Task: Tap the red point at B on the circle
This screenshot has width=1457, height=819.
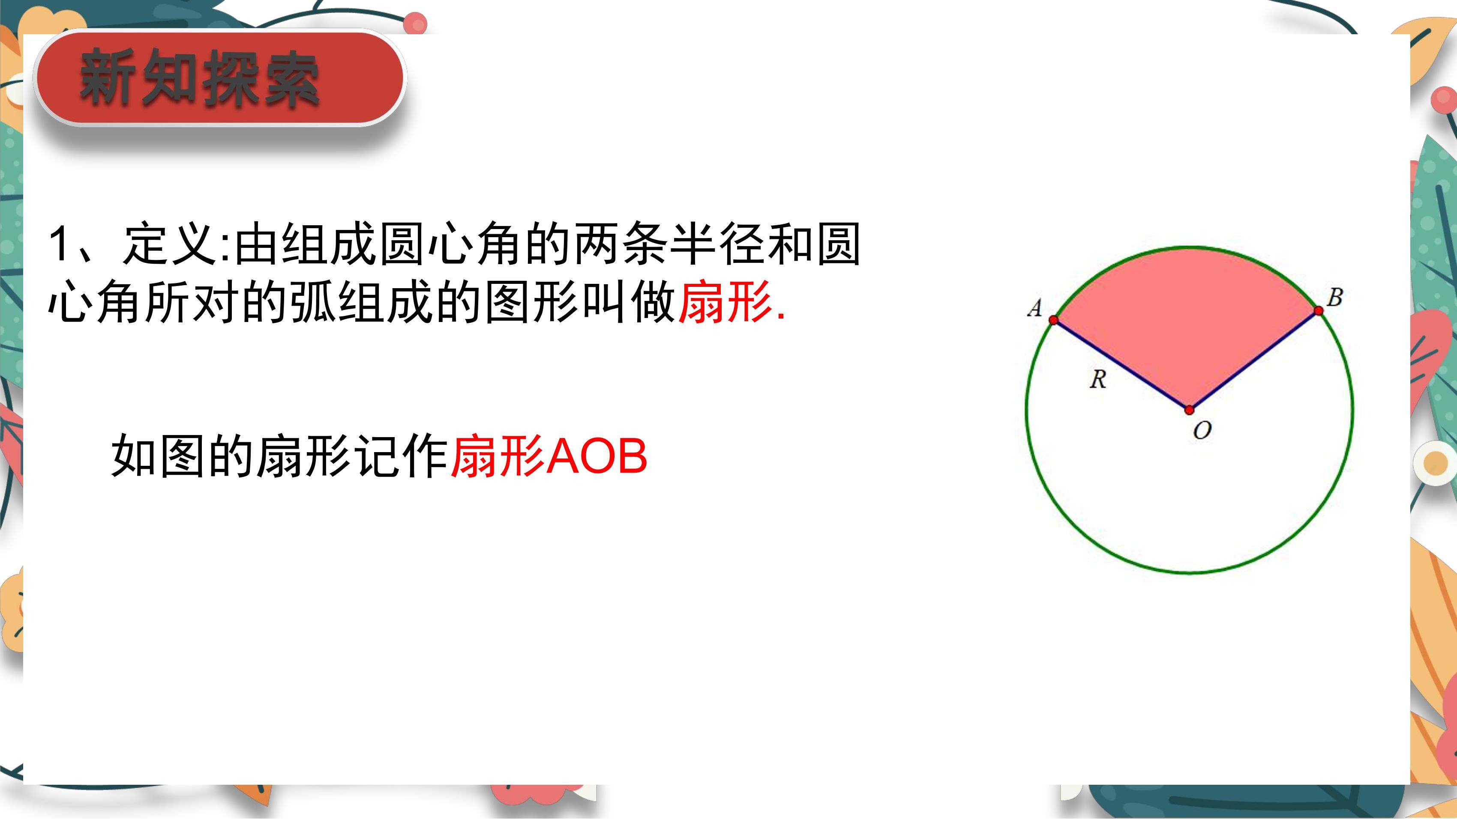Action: [1319, 310]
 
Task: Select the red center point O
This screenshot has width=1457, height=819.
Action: [1190, 410]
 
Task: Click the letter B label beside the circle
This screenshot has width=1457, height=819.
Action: [1334, 297]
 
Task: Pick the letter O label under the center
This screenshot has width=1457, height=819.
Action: [1202, 431]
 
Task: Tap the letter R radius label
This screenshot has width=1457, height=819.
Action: [1098, 379]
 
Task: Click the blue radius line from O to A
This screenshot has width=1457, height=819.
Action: [1121, 365]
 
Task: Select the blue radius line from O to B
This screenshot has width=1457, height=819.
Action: [1254, 360]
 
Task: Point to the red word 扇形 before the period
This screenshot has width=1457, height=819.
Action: [726, 302]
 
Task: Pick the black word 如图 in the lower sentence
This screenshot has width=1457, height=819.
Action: [158, 456]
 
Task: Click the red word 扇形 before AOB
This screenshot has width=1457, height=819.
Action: [498, 456]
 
